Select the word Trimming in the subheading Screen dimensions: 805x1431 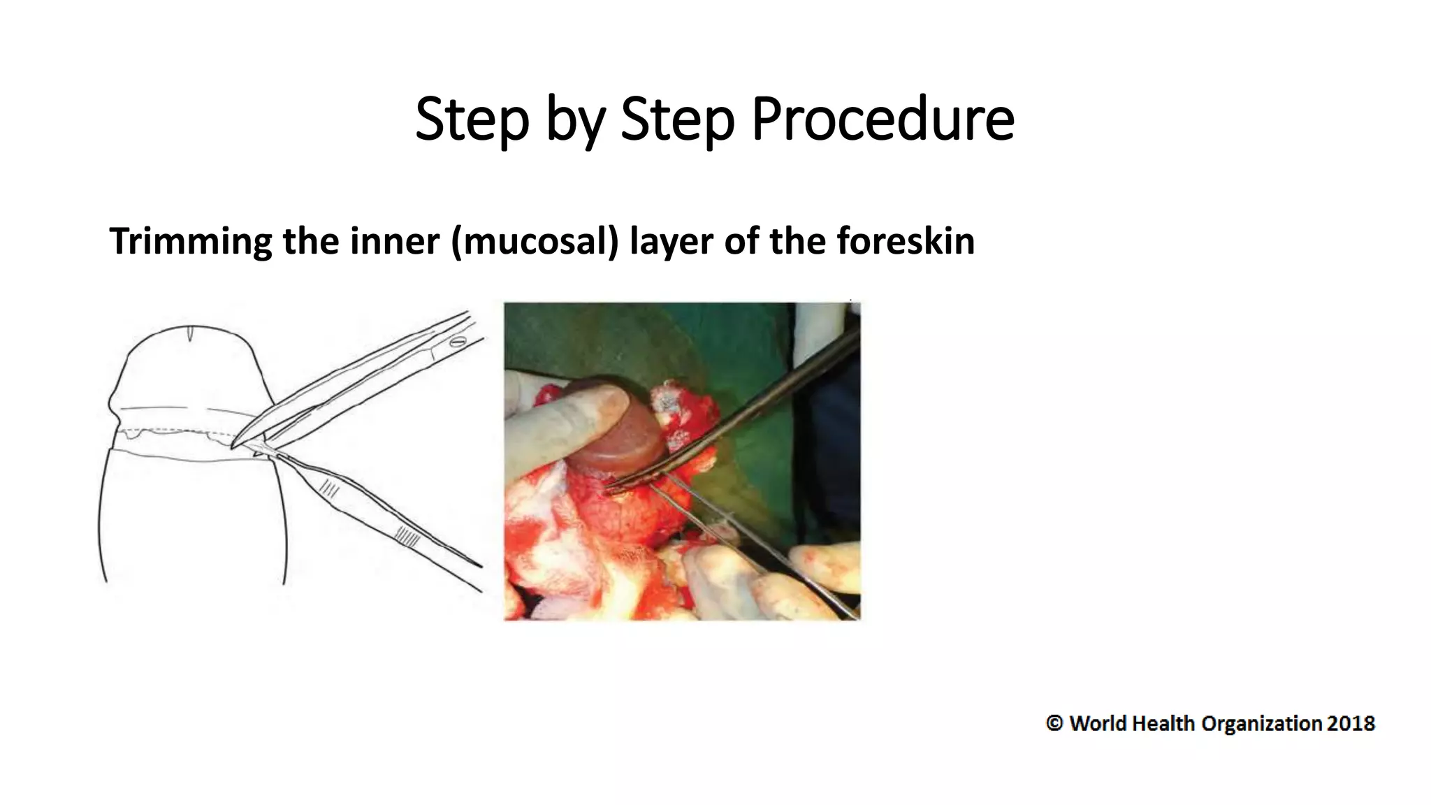click(190, 242)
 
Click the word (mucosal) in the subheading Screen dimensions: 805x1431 click(535, 242)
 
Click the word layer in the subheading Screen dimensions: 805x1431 click(671, 242)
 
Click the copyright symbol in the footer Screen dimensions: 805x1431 click(1054, 723)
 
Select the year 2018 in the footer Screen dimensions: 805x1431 click(1351, 723)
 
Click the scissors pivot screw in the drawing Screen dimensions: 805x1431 click(458, 342)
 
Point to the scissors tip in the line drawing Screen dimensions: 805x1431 click(233, 444)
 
